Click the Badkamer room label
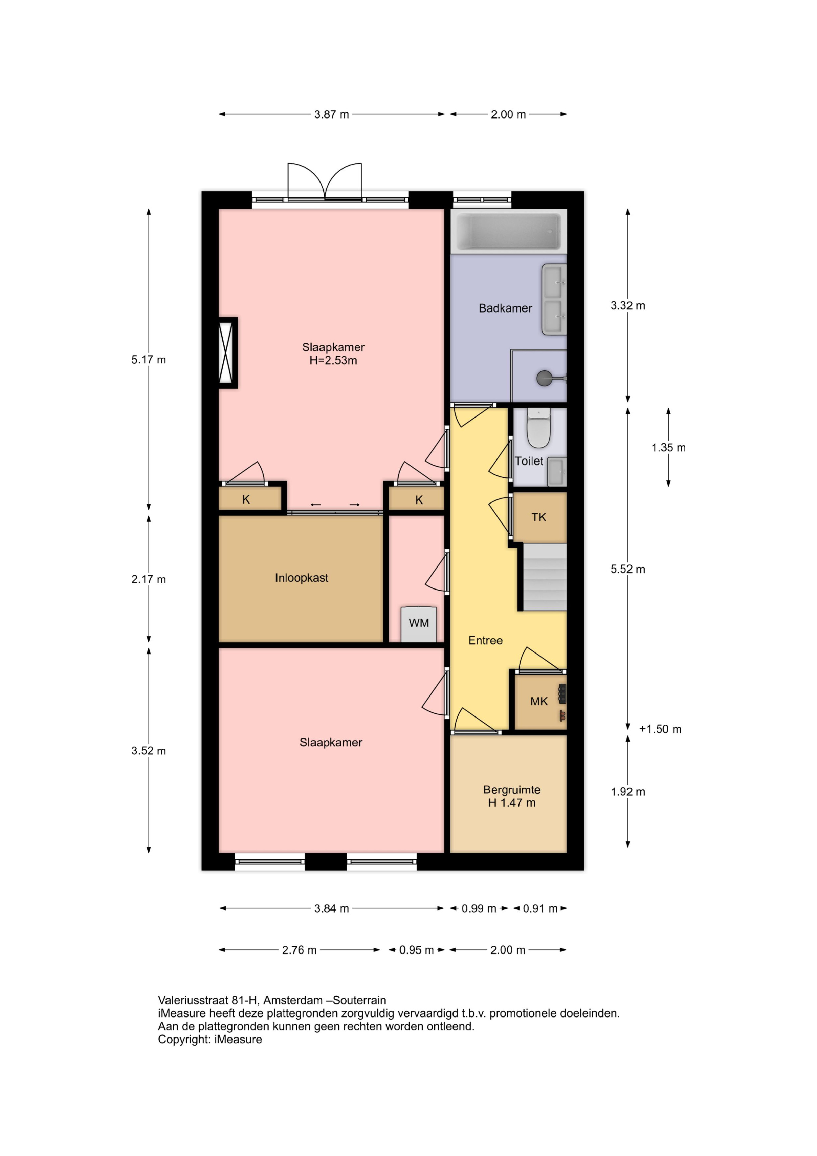pyautogui.click(x=505, y=308)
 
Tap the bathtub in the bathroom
pyautogui.click(x=508, y=232)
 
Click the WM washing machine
pyautogui.click(x=418, y=624)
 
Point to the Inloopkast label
pyautogui.click(x=302, y=578)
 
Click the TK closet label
pyautogui.click(x=538, y=517)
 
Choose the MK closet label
pyautogui.click(x=538, y=701)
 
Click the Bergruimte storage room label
pyautogui.click(x=511, y=790)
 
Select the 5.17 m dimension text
pyautogui.click(x=149, y=360)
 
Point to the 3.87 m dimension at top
pyautogui.click(x=332, y=114)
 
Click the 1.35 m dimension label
pyautogui.click(x=668, y=448)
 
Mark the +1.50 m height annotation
pyautogui.click(x=660, y=729)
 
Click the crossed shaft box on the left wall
pyautogui.click(x=227, y=352)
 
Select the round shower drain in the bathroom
pyautogui.click(x=544, y=378)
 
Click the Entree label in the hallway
pyautogui.click(x=485, y=640)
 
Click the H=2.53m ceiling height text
pyautogui.click(x=333, y=361)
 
